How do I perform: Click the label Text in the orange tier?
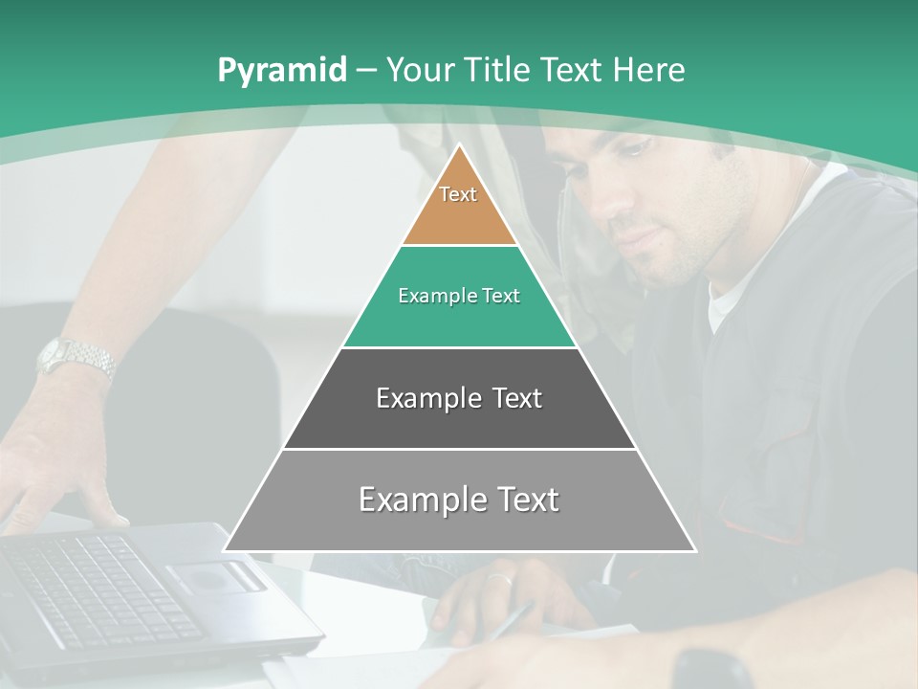[x=458, y=194]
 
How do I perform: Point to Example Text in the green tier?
[x=459, y=296]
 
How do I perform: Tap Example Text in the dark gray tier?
[x=459, y=398]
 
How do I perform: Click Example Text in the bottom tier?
[x=459, y=500]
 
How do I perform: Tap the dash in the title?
[x=366, y=71]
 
